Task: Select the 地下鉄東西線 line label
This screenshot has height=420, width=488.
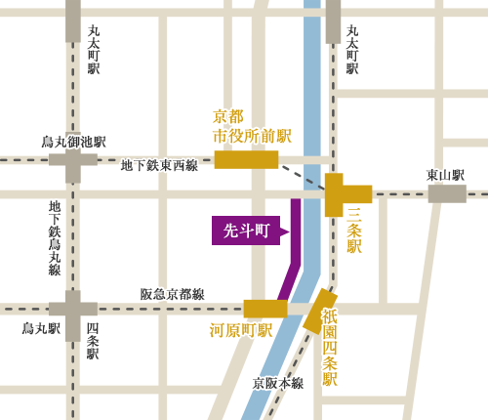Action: click(159, 166)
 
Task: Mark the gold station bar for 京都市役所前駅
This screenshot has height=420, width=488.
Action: click(246, 160)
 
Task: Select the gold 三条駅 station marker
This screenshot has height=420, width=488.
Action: click(342, 195)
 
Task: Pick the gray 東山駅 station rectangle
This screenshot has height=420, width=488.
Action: click(446, 194)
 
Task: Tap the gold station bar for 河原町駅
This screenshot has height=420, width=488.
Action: click(264, 309)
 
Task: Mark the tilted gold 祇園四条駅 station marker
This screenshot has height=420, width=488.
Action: click(319, 310)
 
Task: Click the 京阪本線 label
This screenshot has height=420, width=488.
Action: click(278, 383)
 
